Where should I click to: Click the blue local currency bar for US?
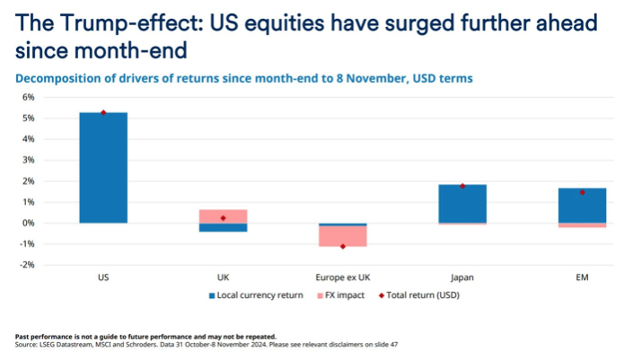(x=103, y=168)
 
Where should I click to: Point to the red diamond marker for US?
(x=103, y=112)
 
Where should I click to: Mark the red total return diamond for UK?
(x=223, y=218)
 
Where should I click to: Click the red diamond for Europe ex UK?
(x=342, y=246)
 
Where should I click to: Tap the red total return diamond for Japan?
(x=462, y=186)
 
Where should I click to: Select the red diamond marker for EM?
(x=582, y=192)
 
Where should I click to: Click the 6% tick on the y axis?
(x=28, y=97)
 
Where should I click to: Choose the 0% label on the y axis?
(x=28, y=223)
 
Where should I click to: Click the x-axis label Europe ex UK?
(x=342, y=277)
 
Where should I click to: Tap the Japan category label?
(x=462, y=277)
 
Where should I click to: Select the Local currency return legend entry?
(x=260, y=295)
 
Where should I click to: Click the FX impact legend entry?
(x=345, y=295)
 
